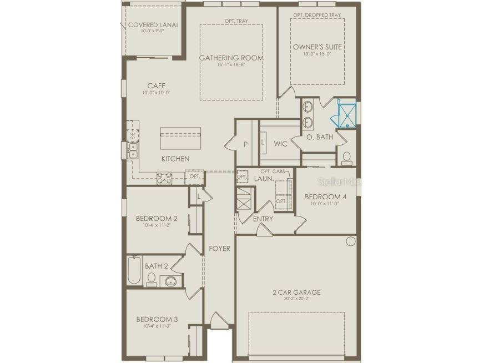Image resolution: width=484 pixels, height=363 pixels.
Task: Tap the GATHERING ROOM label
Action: (x=231, y=58)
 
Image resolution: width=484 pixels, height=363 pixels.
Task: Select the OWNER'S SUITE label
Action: (x=317, y=47)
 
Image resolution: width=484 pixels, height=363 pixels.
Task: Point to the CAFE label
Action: (x=156, y=85)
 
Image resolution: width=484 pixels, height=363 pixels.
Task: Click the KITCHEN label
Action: (x=175, y=159)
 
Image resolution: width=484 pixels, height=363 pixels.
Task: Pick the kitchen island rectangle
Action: (x=180, y=138)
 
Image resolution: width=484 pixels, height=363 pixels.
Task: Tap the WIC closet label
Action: (x=280, y=144)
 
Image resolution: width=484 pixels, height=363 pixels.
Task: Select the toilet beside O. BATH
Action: (x=347, y=158)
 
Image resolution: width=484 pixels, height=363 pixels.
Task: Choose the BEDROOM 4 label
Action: (x=325, y=196)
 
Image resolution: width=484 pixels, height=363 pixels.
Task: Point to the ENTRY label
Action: (x=263, y=219)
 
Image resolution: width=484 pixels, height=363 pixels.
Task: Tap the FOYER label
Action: (x=219, y=249)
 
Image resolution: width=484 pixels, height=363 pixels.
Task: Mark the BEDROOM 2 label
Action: (x=157, y=218)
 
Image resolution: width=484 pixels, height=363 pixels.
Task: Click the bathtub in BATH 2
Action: (x=134, y=271)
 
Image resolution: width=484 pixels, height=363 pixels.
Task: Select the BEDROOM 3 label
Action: (x=157, y=319)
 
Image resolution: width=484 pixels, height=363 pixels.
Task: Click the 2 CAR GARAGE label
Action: (x=296, y=293)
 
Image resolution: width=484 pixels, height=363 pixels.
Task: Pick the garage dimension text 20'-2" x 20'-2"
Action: (x=296, y=300)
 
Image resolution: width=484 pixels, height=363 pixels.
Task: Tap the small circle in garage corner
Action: (x=350, y=241)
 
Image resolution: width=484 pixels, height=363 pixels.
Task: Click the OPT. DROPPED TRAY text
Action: (x=317, y=14)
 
